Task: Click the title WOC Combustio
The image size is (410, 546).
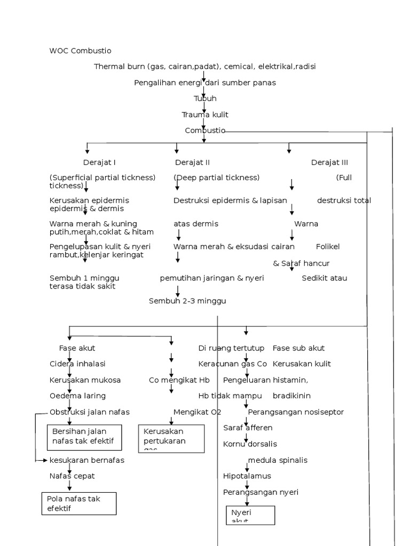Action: (x=80, y=51)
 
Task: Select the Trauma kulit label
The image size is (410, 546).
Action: (x=205, y=115)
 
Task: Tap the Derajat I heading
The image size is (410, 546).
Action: (x=99, y=163)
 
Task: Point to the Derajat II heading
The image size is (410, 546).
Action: (x=192, y=163)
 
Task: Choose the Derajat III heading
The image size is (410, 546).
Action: (x=329, y=163)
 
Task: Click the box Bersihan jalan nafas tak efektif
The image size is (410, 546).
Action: (x=84, y=436)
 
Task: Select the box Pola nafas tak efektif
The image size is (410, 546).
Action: (x=79, y=503)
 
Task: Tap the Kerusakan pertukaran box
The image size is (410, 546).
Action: (x=171, y=438)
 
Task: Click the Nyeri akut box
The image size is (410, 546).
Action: (x=250, y=515)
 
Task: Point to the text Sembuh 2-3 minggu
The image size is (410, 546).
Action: (x=187, y=301)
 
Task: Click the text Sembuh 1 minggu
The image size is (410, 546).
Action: (x=84, y=278)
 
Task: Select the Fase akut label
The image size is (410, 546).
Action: (x=77, y=348)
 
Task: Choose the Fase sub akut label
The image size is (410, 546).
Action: (x=298, y=348)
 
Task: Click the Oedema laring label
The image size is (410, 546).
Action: (x=77, y=396)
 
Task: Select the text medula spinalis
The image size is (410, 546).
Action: (x=278, y=460)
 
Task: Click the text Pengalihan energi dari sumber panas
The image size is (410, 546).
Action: (x=205, y=83)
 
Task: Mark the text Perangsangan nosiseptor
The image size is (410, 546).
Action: (x=296, y=412)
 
